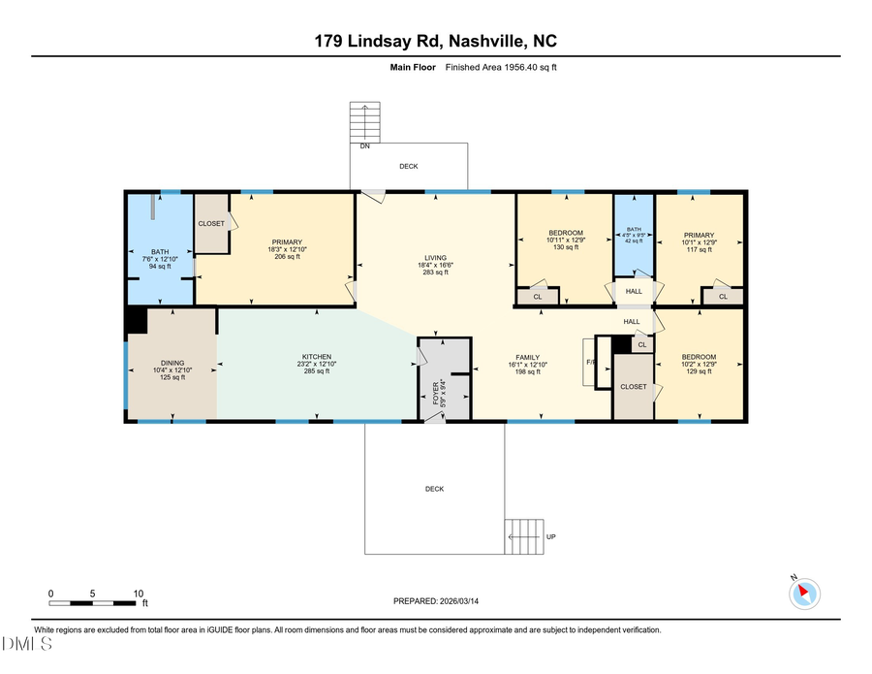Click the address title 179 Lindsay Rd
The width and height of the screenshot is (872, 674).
[435, 41]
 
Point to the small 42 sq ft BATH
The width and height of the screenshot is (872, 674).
[635, 234]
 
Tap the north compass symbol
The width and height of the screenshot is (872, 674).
[805, 592]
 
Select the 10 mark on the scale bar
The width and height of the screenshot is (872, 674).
[139, 593]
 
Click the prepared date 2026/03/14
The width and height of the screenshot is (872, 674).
[436, 601]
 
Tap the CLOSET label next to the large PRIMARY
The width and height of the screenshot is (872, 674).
[211, 223]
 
